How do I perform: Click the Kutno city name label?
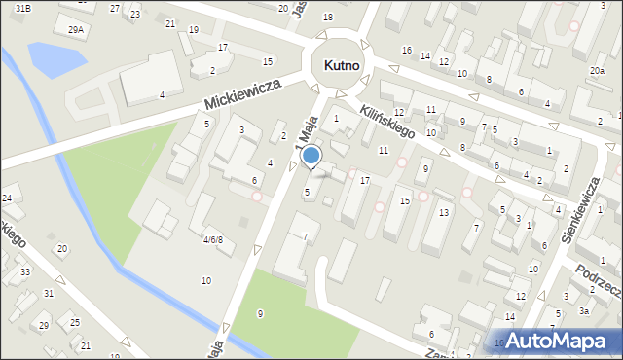(341, 65)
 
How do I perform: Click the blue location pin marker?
(311, 157)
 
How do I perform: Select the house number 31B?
(22, 8)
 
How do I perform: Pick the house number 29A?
(76, 30)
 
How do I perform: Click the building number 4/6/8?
(213, 239)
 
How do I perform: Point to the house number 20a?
(596, 71)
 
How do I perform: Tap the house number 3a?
(583, 311)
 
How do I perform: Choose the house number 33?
(26, 271)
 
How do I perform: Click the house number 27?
(115, 8)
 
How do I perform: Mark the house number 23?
(134, 14)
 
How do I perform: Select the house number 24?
(7, 198)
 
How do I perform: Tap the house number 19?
(193, 30)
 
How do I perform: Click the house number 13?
(443, 212)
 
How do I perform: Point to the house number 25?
(75, 321)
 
